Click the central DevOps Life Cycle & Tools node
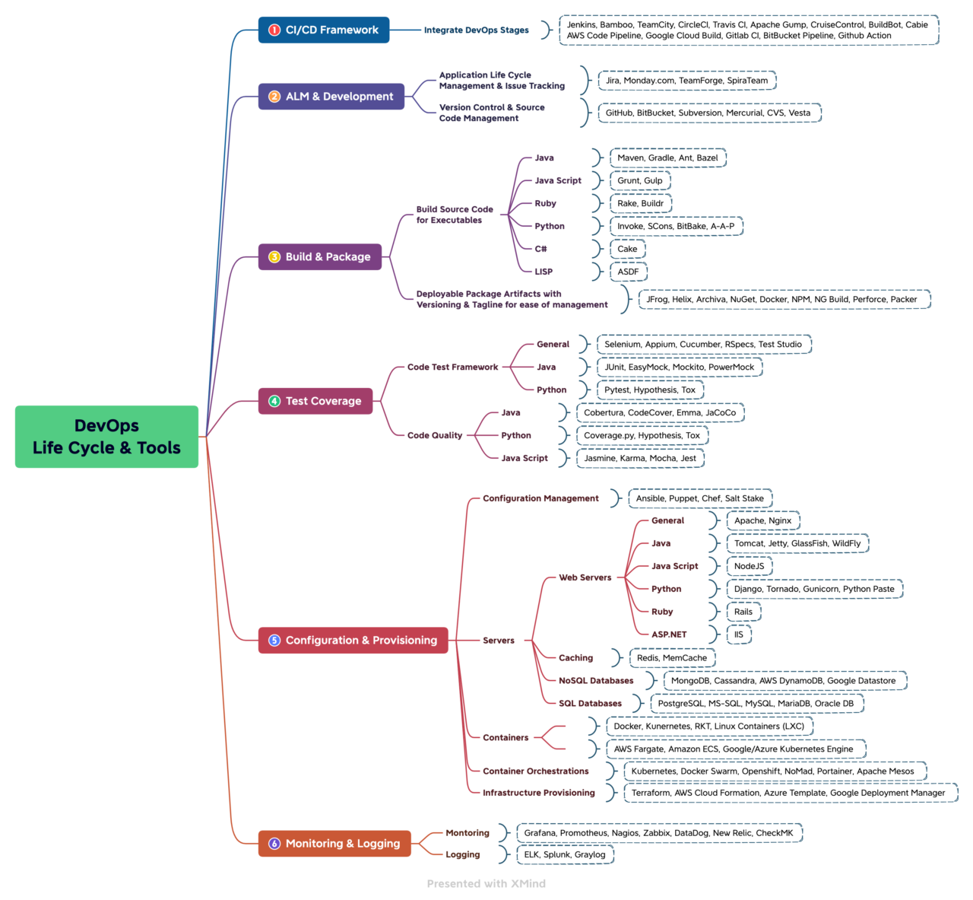coord(106,437)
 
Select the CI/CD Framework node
coord(324,30)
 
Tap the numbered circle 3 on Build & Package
coord(274,257)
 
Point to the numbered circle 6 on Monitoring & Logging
coord(274,844)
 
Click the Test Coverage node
coord(315,401)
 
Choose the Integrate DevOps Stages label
coord(476,30)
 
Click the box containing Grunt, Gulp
coord(639,181)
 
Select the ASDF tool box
coord(628,272)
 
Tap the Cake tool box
coord(627,249)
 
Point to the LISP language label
coord(544,272)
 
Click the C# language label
coord(540,249)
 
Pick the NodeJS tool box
coord(749,566)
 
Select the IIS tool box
coord(738,634)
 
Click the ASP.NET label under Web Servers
coord(668,634)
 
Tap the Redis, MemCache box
coord(671,658)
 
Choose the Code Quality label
coord(434,436)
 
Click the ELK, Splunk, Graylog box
coord(565,854)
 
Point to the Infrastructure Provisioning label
coord(538,793)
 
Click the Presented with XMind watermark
coord(486,883)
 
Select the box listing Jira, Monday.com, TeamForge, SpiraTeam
coord(686,81)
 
